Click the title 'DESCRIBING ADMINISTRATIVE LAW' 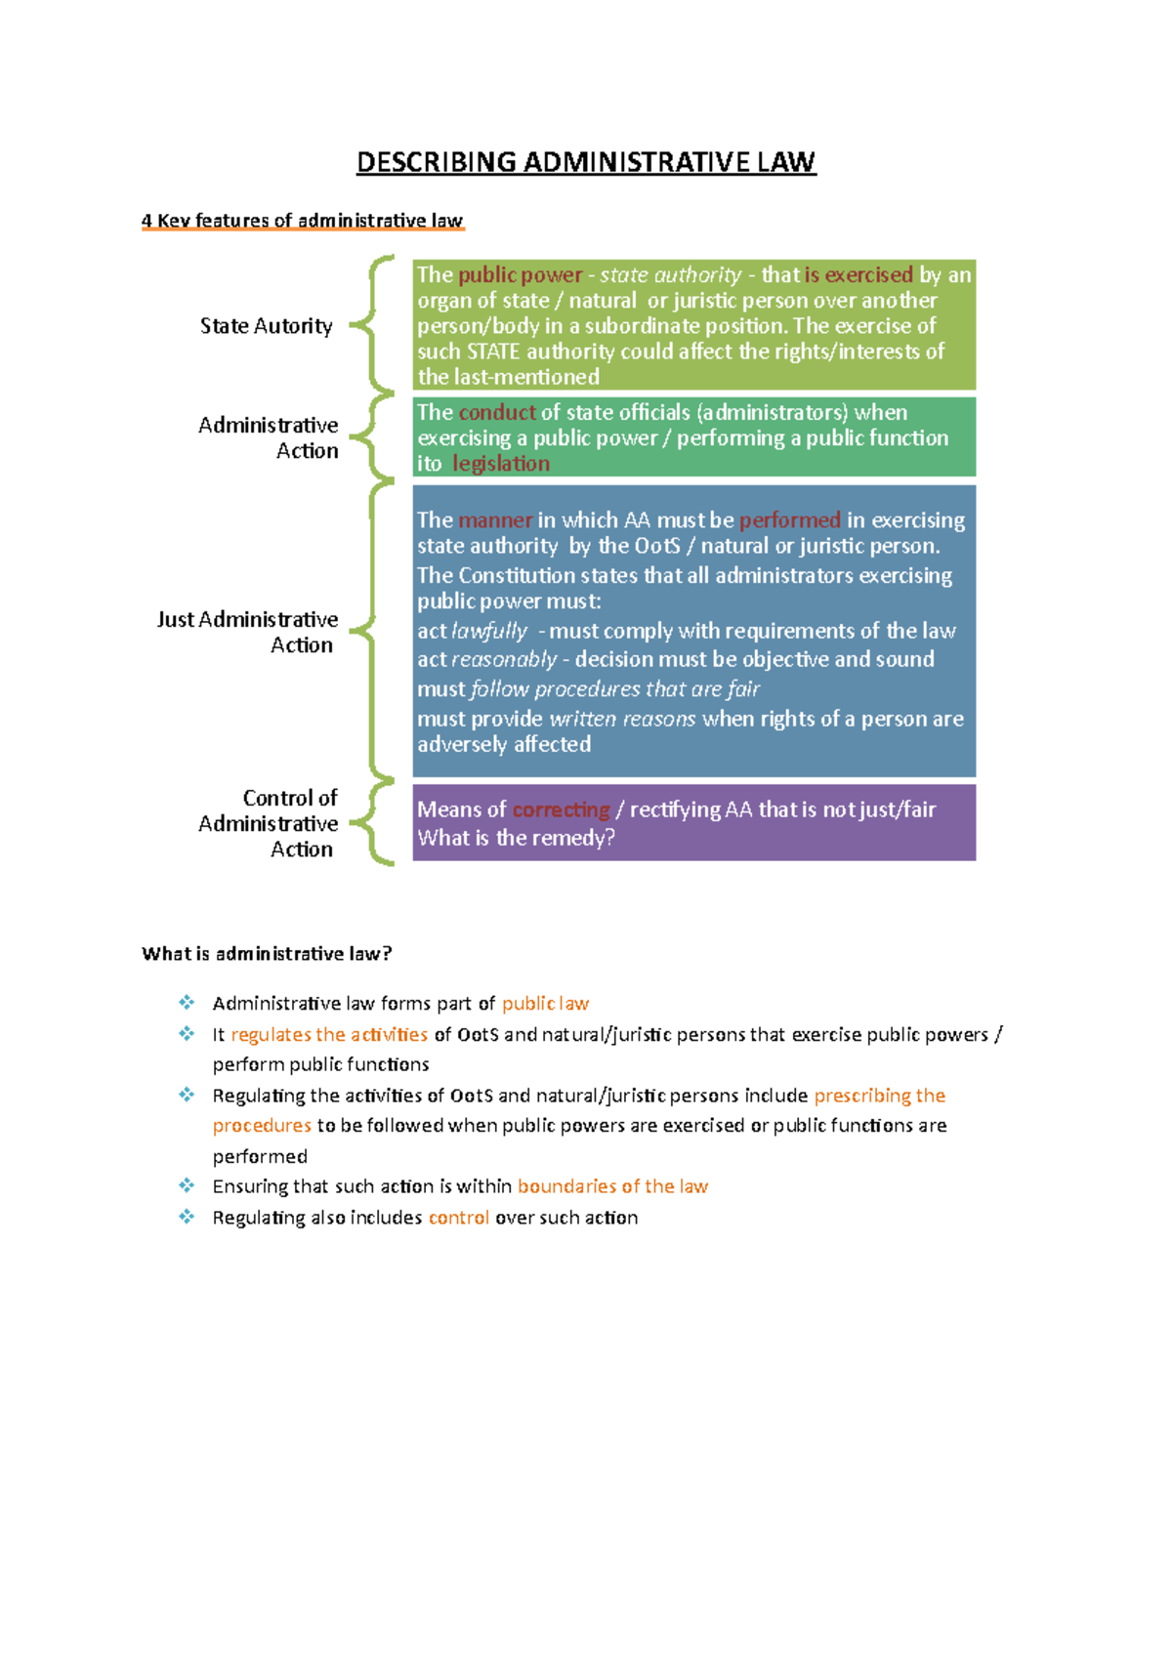click(x=585, y=162)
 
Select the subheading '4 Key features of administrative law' click(x=302, y=221)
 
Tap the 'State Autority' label click(x=266, y=326)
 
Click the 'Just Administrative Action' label click(x=248, y=632)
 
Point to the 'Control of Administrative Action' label click(x=269, y=823)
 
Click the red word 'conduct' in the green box click(x=497, y=412)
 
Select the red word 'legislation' click(x=501, y=464)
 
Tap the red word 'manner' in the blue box click(x=495, y=520)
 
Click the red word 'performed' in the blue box click(x=789, y=520)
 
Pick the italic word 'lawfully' click(x=488, y=631)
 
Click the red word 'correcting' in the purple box click(x=561, y=809)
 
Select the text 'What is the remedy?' click(x=516, y=838)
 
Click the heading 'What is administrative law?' click(x=267, y=954)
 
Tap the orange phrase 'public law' click(x=545, y=1004)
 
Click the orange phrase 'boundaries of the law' click(x=612, y=1186)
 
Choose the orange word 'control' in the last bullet click(x=458, y=1218)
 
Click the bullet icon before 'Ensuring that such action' click(x=187, y=1185)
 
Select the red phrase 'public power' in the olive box click(x=520, y=275)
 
